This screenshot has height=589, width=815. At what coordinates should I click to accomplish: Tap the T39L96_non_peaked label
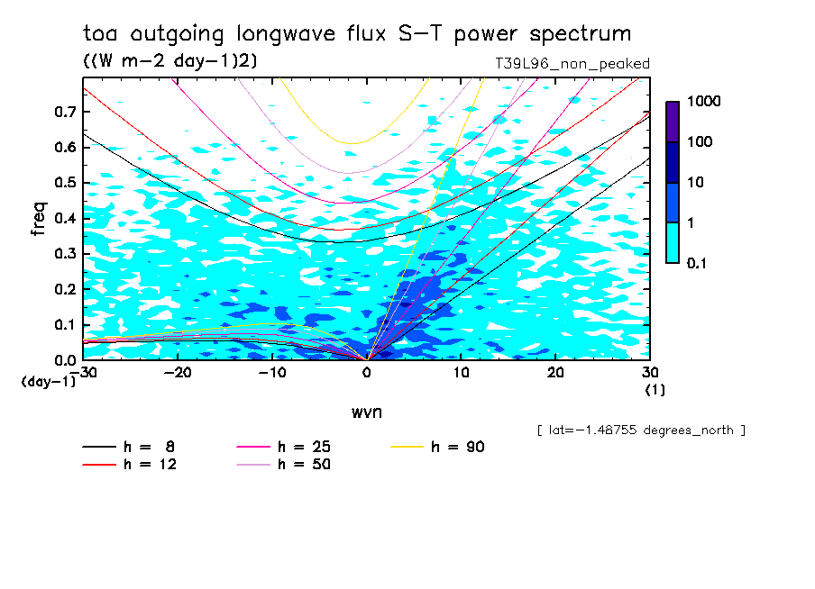(572, 64)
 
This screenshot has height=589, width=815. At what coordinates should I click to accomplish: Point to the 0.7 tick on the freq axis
(64, 112)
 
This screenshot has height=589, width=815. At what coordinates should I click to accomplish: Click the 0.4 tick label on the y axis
(64, 218)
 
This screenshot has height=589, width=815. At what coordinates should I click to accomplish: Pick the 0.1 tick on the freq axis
(64, 324)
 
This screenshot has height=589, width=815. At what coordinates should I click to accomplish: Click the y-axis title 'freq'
(39, 219)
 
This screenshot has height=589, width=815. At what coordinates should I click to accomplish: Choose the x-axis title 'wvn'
(366, 412)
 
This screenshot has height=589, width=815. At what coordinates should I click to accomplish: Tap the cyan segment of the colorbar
(673, 242)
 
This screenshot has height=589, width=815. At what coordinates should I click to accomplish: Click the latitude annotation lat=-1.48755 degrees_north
(641, 430)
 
